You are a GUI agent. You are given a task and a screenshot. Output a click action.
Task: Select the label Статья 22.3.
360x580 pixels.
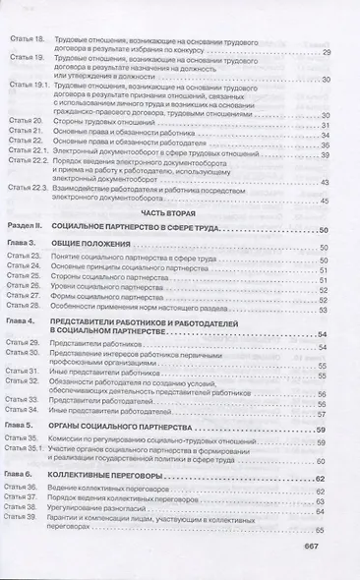30,187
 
